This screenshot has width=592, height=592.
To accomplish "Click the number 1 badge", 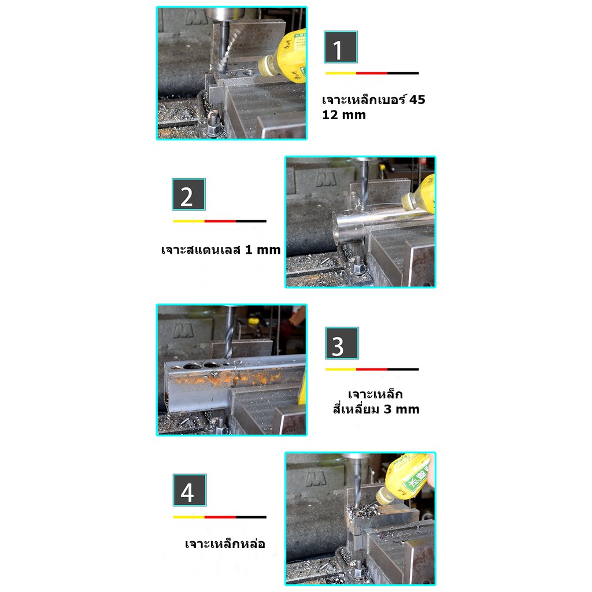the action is click(x=341, y=47).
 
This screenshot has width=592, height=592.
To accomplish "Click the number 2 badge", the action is click(x=189, y=194).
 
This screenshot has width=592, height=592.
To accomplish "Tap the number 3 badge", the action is click(x=342, y=343).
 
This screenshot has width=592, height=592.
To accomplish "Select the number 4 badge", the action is click(x=190, y=490).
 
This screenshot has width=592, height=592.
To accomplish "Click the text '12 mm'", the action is click(x=344, y=115).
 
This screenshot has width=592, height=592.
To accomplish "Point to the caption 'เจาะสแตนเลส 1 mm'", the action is click(x=221, y=250).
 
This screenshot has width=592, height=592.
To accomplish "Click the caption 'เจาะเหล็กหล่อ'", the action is click(x=225, y=543).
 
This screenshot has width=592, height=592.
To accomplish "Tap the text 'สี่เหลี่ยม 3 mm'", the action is click(x=376, y=409).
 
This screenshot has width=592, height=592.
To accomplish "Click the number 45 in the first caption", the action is click(x=417, y=99).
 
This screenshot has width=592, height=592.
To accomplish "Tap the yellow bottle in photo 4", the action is click(x=406, y=479).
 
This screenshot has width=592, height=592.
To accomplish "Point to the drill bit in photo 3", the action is click(x=229, y=332).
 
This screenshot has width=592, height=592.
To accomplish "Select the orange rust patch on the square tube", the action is click(x=230, y=378).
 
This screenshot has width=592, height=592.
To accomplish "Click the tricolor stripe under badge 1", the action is click(x=372, y=73).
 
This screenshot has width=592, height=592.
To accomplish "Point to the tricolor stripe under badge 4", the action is click(x=220, y=517).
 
